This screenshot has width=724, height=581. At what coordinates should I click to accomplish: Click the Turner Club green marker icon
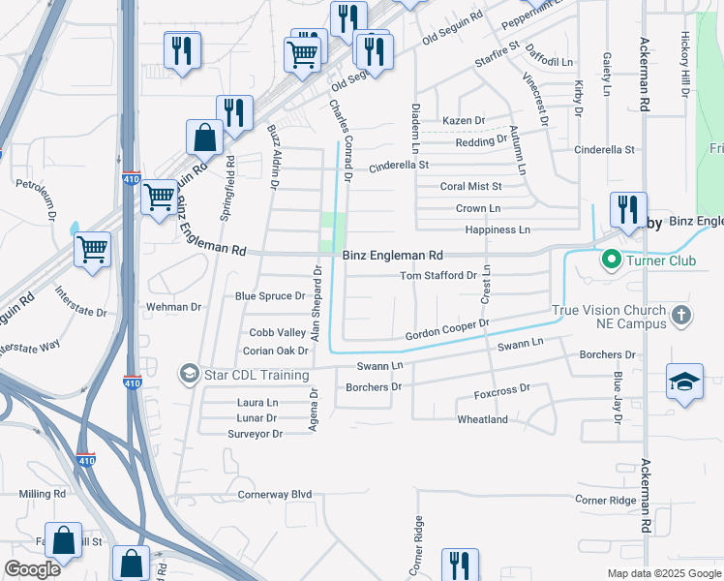(x=611, y=260)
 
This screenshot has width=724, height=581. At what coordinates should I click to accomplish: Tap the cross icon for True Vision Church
(x=682, y=315)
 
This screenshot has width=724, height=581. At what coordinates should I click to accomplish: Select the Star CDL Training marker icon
(x=189, y=373)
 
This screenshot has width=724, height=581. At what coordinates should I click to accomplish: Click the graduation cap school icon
(x=684, y=381)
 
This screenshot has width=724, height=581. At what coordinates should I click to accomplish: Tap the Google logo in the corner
(x=32, y=569)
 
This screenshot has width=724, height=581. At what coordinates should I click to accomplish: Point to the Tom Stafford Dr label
(x=438, y=276)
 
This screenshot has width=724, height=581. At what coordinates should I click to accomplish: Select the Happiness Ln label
(x=498, y=229)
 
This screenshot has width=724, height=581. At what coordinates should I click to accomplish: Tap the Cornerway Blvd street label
(x=275, y=494)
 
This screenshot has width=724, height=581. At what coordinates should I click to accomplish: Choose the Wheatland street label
(x=483, y=419)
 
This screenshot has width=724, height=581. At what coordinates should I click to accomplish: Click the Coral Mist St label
(x=470, y=186)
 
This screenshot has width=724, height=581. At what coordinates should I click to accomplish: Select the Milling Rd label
(x=42, y=494)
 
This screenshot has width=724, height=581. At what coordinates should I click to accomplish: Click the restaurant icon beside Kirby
(x=627, y=208)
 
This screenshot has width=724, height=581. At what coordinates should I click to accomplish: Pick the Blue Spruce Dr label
(x=270, y=296)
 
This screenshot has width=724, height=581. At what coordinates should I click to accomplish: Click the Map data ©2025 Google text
(x=664, y=573)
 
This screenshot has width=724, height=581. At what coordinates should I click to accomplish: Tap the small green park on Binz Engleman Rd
(x=332, y=231)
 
